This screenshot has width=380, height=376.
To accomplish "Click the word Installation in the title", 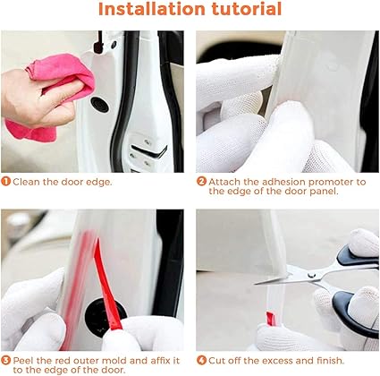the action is [x=152, y=9].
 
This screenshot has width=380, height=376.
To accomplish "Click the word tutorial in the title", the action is [x=247, y=9].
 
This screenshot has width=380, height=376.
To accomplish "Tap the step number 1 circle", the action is [x=5, y=182].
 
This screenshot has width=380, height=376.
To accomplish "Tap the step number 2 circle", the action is [x=201, y=182].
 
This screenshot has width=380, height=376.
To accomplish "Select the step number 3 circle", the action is [x=5, y=360].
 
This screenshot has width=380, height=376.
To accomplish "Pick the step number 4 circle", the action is [x=201, y=360].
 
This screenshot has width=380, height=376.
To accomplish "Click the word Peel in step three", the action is [x=23, y=361].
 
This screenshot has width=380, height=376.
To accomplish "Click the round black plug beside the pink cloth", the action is [x=99, y=104].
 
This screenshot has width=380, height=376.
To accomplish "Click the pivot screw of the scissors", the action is [x=312, y=275].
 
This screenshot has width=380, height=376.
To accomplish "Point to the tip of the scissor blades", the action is [x=255, y=284].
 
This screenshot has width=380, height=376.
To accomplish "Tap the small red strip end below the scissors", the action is [x=271, y=319].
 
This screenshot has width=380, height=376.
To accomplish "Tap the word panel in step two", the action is [x=324, y=192].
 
